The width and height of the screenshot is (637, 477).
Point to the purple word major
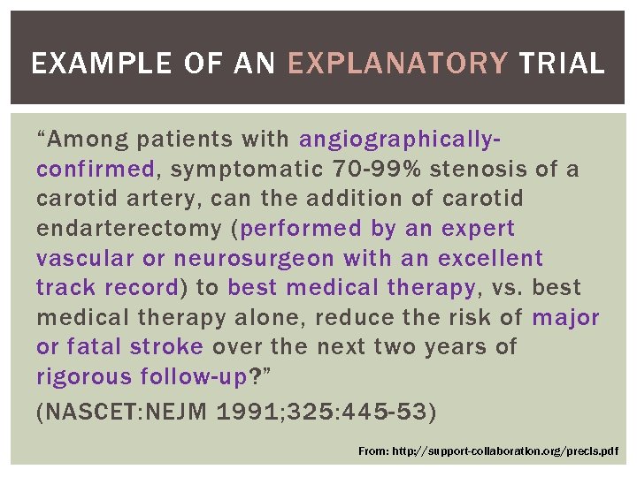click(565, 318)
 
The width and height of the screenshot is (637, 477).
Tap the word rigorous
click(85, 377)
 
